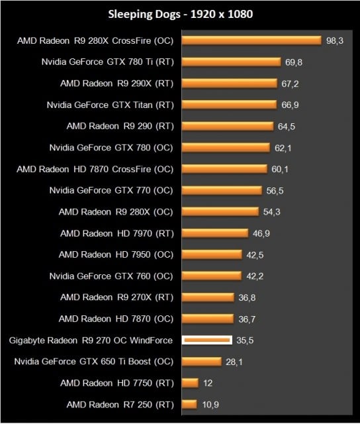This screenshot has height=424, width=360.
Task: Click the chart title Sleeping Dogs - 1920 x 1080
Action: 179,13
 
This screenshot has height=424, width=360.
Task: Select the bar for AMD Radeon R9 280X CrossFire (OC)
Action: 251,40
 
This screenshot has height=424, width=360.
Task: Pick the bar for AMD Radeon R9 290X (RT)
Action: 229,83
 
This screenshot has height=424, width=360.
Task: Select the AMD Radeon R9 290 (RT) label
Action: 119,126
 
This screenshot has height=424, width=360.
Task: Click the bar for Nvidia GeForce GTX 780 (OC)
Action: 225,147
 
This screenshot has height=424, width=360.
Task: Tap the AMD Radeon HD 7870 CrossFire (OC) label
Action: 95,169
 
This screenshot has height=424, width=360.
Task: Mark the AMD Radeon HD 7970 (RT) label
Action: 116,233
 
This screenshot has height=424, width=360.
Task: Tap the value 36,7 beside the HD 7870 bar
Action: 247,319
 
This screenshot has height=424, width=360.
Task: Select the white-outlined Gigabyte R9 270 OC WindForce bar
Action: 206,340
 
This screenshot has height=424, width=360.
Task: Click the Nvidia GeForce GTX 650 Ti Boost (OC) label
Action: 93,361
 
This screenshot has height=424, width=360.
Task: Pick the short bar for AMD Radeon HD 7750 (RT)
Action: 189,383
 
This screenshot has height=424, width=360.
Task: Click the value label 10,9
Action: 211,404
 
